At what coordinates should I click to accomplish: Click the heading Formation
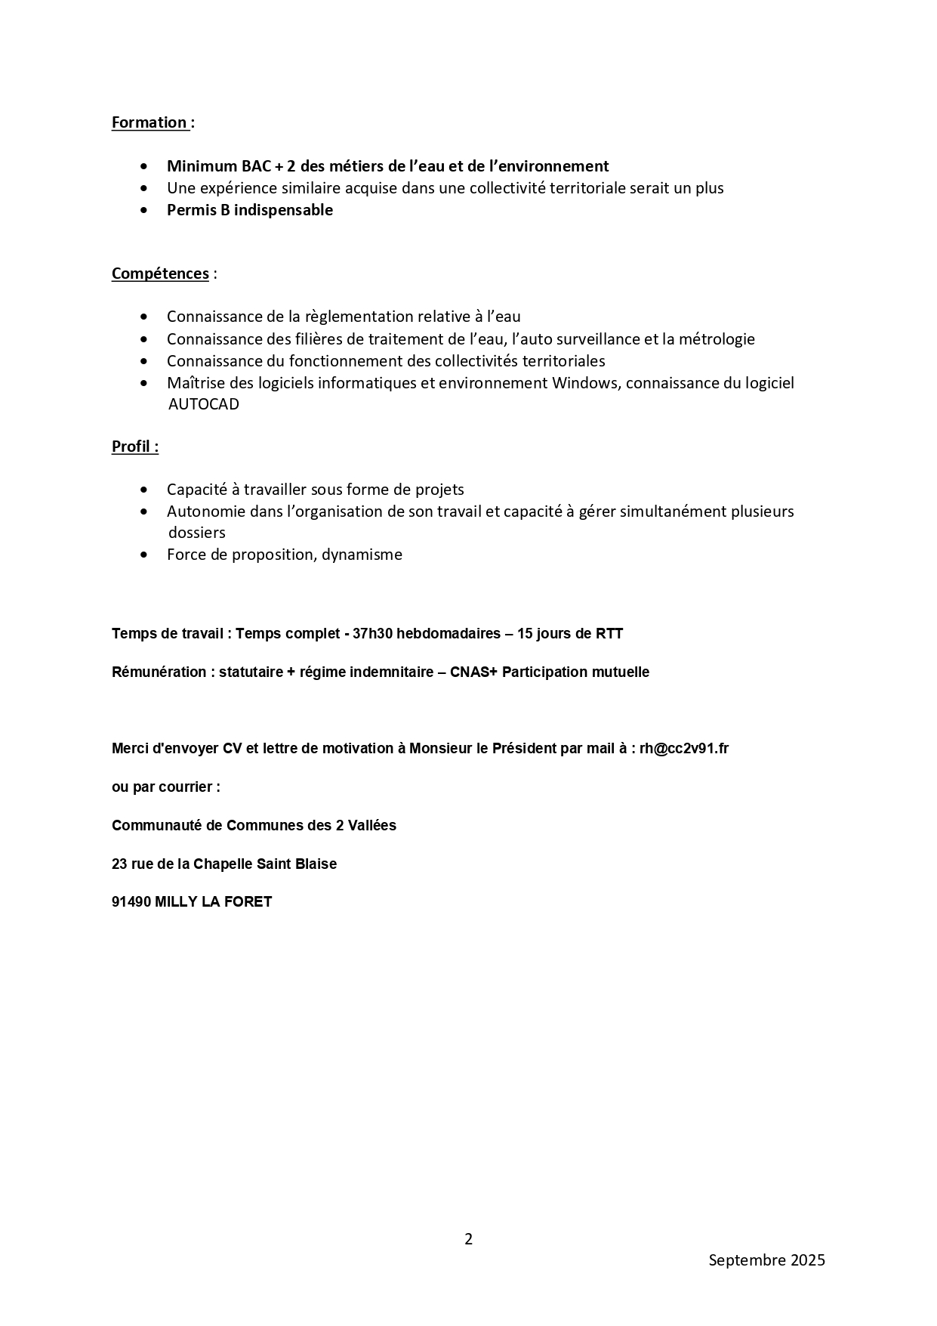(x=149, y=122)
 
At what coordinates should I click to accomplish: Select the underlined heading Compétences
(x=160, y=274)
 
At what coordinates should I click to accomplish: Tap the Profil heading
(x=134, y=447)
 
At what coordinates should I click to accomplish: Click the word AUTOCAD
(x=203, y=404)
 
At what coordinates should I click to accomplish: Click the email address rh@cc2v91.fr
(x=683, y=749)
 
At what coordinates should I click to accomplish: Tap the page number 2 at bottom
(x=468, y=1239)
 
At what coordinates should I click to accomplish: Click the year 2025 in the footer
(x=808, y=1260)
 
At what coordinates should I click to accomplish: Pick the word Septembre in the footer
(x=746, y=1260)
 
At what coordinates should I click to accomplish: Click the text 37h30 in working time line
(x=372, y=633)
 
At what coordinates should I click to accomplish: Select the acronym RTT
(x=609, y=633)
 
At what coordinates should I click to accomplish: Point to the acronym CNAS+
(x=473, y=672)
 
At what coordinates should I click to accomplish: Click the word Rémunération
(x=159, y=672)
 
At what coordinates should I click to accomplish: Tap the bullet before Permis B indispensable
(x=144, y=210)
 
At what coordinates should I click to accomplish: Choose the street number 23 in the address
(x=119, y=864)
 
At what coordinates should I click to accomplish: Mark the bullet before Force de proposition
(x=144, y=555)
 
